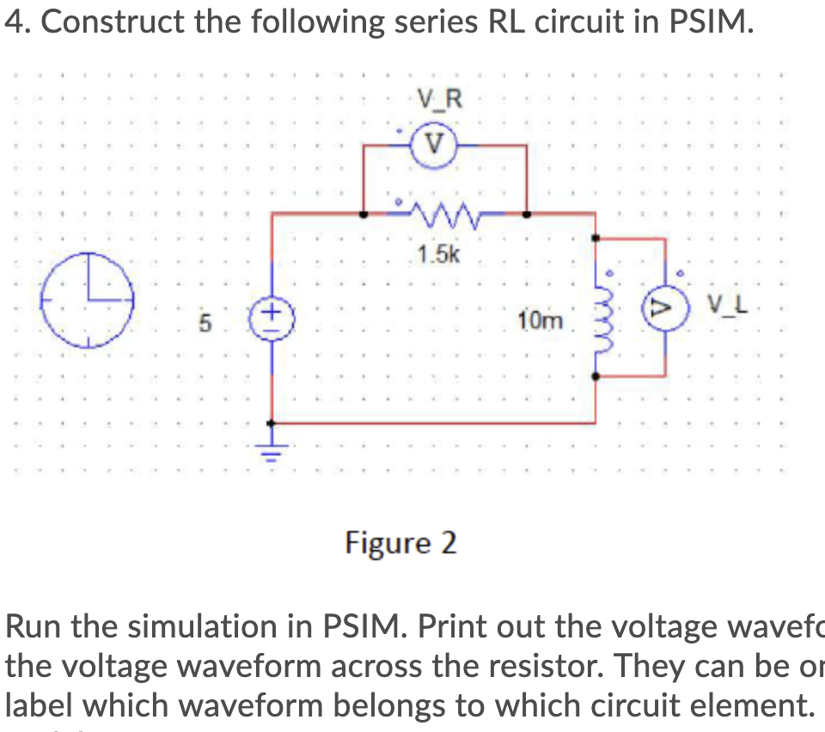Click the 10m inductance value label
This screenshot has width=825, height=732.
point(541,322)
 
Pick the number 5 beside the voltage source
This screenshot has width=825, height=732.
point(205,325)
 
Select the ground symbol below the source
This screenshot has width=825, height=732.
point(272,449)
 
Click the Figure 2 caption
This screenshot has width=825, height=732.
point(400,543)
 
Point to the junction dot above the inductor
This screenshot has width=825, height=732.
point(596,237)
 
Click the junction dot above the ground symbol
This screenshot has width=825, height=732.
point(272,423)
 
